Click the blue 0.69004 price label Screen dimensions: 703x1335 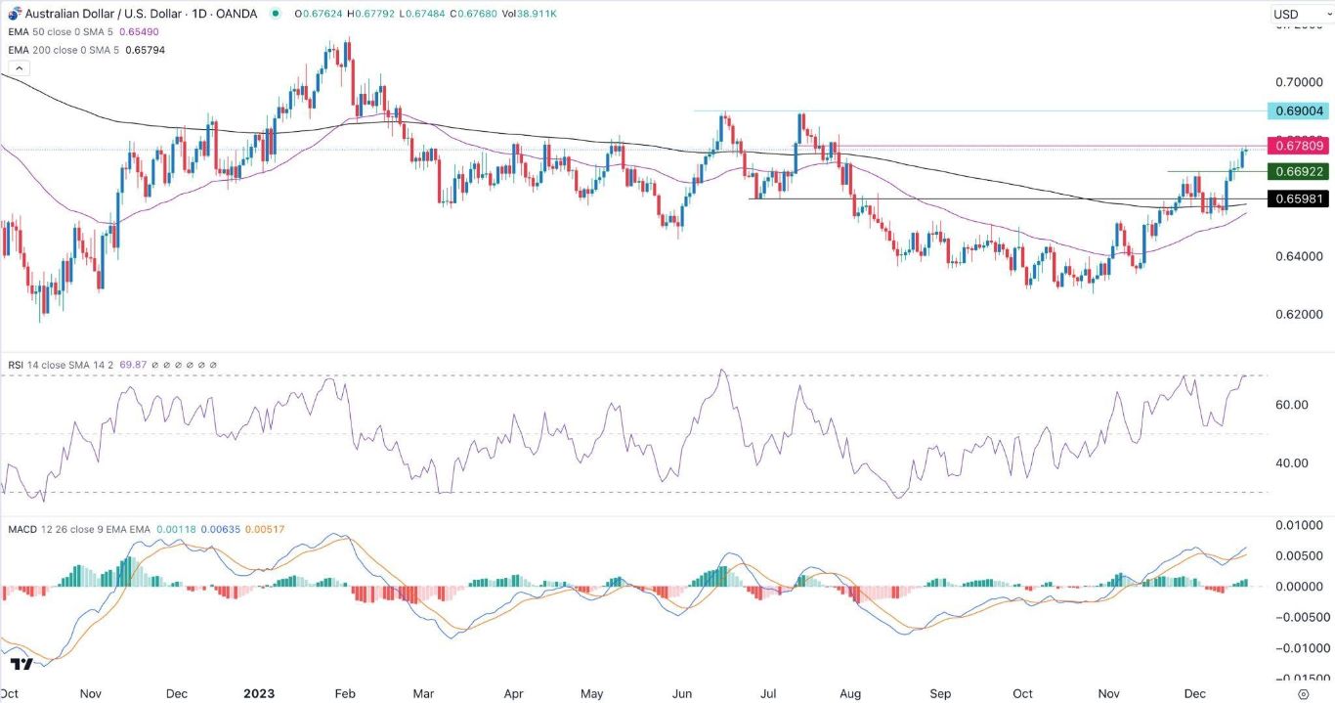(1297, 110)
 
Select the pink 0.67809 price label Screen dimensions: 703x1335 (1297, 146)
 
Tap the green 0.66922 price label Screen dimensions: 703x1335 (1297, 172)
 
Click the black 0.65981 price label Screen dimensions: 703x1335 (1297, 199)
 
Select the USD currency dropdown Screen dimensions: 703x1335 (1297, 15)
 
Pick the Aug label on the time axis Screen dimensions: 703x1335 (849, 693)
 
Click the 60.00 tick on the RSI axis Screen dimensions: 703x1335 (1293, 405)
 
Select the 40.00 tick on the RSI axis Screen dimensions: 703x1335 (1293, 463)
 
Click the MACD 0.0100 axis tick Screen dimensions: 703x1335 (1295, 526)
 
